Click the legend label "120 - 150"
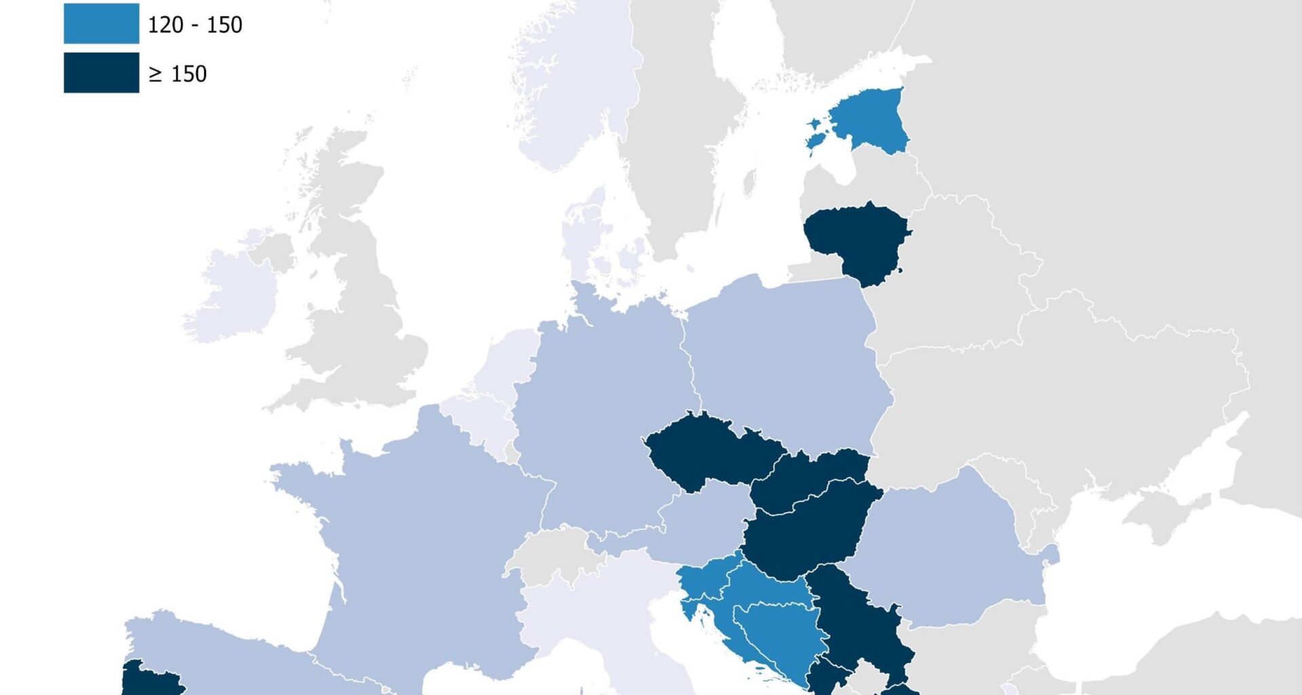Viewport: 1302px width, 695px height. click(195, 25)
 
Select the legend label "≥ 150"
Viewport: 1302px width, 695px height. click(178, 74)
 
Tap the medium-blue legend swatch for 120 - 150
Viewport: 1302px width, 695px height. click(101, 24)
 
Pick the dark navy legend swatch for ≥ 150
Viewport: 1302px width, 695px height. click(101, 73)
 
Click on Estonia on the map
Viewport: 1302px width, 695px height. click(871, 122)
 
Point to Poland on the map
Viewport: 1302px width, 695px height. click(787, 360)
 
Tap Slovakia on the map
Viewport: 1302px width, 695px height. click(810, 478)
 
